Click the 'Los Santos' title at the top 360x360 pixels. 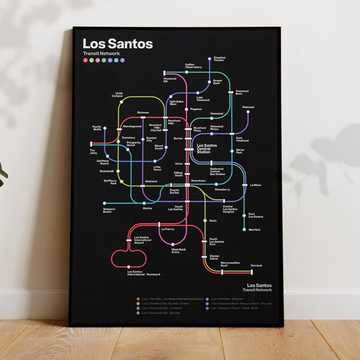(118, 44)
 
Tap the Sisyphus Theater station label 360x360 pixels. (220, 59)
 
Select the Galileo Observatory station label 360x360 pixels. (193, 66)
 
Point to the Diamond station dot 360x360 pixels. (248, 112)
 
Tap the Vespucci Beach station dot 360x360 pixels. (104, 203)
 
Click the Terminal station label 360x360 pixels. (256, 265)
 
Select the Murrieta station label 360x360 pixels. (254, 229)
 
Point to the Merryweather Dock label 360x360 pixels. (230, 263)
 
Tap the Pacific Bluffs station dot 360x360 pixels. (105, 128)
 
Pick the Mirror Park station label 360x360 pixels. (239, 151)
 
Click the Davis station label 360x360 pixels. (213, 221)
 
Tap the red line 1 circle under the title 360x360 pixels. (86, 60)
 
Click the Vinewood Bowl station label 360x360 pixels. (242, 92)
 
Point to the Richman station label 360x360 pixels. (143, 112)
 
